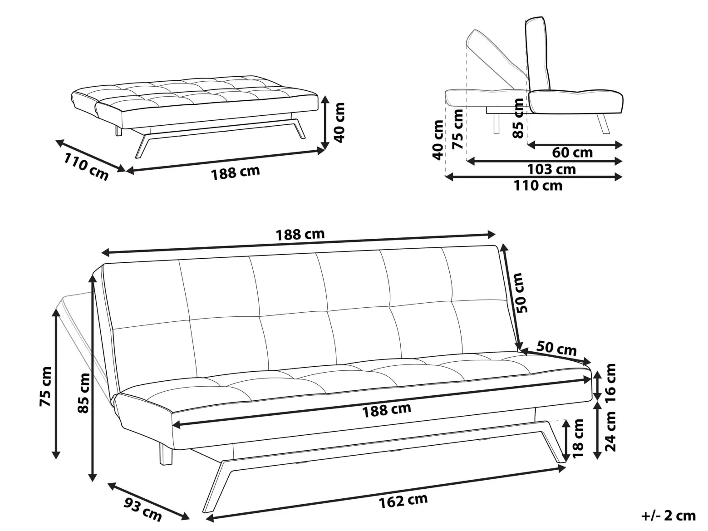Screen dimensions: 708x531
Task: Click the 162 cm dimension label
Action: click(403, 501)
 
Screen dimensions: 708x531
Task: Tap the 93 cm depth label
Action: click(143, 508)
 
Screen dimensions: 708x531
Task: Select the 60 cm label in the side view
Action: click(572, 152)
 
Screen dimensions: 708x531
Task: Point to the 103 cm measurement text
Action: click(551, 169)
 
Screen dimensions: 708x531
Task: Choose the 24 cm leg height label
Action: click(610, 431)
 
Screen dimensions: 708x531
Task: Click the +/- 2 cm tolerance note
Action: click(669, 516)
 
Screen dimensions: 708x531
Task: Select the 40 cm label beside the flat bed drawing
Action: click(339, 123)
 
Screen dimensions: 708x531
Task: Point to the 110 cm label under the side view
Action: click(538, 186)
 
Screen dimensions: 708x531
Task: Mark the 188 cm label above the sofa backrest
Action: click(300, 234)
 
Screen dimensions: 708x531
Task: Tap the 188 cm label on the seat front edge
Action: click(387, 410)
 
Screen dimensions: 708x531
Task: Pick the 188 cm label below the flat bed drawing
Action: click(236, 172)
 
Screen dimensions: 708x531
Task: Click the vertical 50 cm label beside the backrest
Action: click(522, 293)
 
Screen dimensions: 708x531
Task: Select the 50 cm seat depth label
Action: click(556, 348)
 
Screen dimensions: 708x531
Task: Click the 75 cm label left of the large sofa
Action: click(45, 386)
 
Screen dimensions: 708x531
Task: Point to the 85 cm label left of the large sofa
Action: click(84, 393)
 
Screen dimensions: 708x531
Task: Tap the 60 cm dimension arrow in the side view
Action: click(575, 145)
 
